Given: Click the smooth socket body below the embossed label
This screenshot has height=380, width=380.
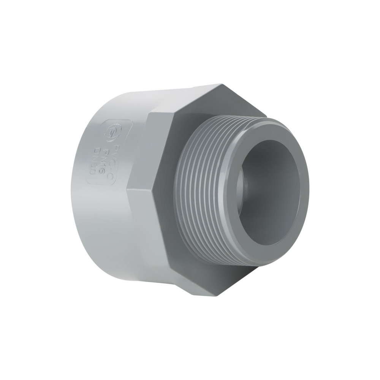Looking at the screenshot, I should (x=103, y=220).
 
